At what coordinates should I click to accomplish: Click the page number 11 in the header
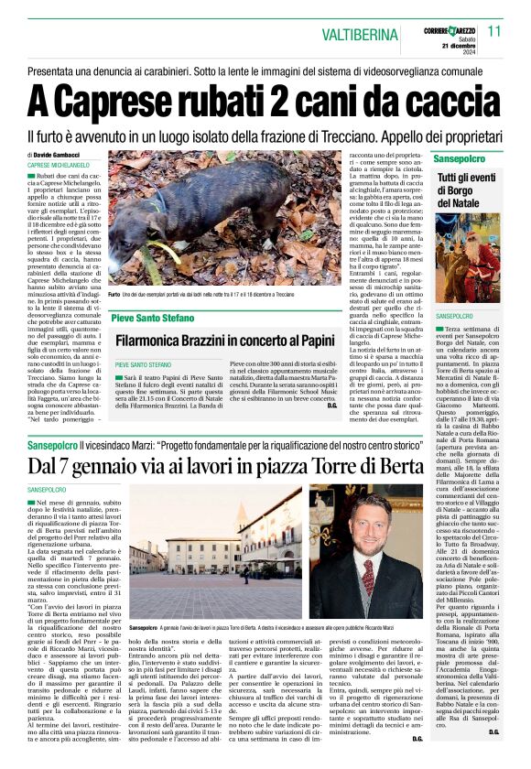494,31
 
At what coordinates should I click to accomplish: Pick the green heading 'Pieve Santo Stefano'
152,318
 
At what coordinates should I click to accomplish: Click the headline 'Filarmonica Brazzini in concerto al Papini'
223,341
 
